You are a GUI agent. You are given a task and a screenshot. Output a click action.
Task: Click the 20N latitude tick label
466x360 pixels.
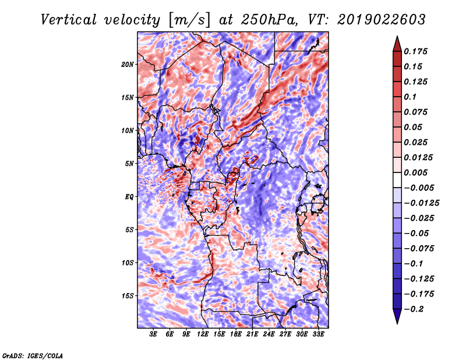coord(128,65)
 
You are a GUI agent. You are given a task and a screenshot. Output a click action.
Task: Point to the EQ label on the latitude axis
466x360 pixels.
coord(129,197)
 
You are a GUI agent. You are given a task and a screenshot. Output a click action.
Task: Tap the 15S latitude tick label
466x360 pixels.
coord(128,296)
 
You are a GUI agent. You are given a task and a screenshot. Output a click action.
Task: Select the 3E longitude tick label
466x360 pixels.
coord(153,334)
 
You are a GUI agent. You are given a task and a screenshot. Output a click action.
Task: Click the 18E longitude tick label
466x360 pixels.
coord(236,334)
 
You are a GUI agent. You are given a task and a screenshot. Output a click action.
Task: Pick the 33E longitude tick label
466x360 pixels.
coord(318,334)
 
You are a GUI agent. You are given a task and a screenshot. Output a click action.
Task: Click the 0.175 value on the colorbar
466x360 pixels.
coord(415,51)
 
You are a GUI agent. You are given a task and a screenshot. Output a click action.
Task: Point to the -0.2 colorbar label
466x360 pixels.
coord(414,309)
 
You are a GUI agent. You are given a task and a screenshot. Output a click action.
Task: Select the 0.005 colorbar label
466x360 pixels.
coord(415,172)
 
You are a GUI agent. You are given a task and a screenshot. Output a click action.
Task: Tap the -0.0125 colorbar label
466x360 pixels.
coord(421,203)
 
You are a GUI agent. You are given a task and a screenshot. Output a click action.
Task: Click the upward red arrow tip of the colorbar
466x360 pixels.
coord(397,36)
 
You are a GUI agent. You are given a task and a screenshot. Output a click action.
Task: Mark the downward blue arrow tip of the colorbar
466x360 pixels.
coord(397,323)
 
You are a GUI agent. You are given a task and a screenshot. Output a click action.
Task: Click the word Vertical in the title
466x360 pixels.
coord(69,20)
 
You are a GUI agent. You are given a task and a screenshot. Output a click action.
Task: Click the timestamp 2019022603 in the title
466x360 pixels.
coord(382,20)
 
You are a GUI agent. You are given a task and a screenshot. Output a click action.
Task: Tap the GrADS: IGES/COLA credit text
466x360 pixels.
coord(33,356)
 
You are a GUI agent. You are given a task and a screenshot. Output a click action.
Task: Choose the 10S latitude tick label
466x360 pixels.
coord(128,263)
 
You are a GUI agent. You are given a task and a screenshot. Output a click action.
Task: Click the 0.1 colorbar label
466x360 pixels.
coord(410,97)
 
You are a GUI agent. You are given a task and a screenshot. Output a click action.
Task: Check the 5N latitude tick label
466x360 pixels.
coord(129,164)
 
